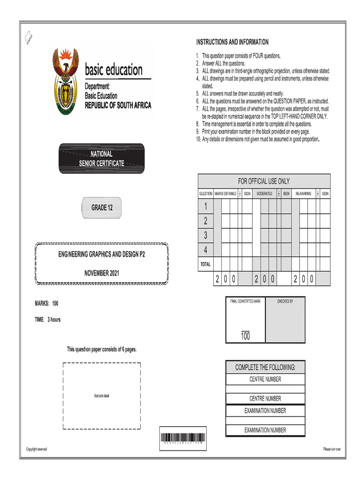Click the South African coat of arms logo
click(67, 82)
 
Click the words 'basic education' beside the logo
click(113, 70)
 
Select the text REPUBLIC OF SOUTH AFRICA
click(118, 105)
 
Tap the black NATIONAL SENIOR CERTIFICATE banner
click(102, 158)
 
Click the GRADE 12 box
click(99, 207)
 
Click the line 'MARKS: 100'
click(47, 304)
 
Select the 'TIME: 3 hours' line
click(48, 320)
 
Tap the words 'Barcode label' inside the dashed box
click(102, 397)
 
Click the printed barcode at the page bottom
click(182, 438)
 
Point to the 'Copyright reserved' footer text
click(37, 450)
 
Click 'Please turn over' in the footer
click(331, 450)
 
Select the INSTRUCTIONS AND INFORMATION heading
click(232, 42)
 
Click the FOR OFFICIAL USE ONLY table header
click(264, 181)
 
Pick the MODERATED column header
click(264, 194)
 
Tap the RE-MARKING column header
click(303, 194)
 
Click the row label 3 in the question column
click(205, 235)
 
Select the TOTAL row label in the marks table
click(205, 264)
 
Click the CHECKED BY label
click(285, 301)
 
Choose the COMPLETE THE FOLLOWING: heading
click(265, 367)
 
